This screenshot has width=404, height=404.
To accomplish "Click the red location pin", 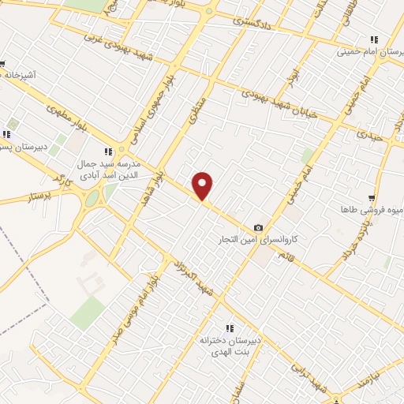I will coord(204,185).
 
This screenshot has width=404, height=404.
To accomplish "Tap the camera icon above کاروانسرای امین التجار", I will coord(258,227).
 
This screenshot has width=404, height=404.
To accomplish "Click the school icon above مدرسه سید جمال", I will coord(108,151).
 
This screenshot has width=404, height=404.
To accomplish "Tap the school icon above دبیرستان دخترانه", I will coord(230,328).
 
